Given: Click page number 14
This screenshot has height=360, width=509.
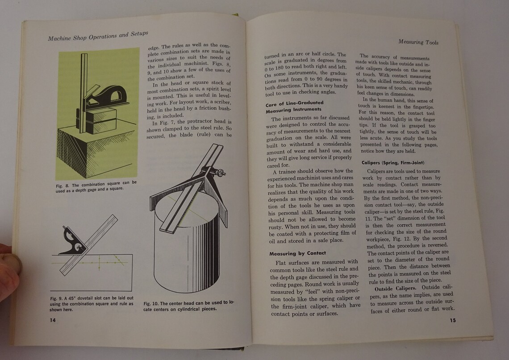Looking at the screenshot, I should (x=53, y=319).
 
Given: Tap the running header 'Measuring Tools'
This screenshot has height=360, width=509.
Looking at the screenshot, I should (x=418, y=42).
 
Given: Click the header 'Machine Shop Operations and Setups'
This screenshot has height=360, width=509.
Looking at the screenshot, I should (x=98, y=36).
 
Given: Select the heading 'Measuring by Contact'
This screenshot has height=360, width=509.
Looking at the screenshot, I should (x=297, y=253).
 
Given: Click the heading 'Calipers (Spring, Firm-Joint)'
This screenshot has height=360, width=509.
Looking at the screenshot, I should (x=392, y=162).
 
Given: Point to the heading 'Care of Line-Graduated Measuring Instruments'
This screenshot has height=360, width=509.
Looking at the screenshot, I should (x=294, y=106).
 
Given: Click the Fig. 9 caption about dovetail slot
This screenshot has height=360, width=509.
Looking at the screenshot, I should (x=92, y=301).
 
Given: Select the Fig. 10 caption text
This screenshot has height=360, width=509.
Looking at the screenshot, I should (x=188, y=306).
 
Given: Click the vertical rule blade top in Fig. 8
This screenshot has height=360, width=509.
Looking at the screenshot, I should (x=83, y=62).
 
